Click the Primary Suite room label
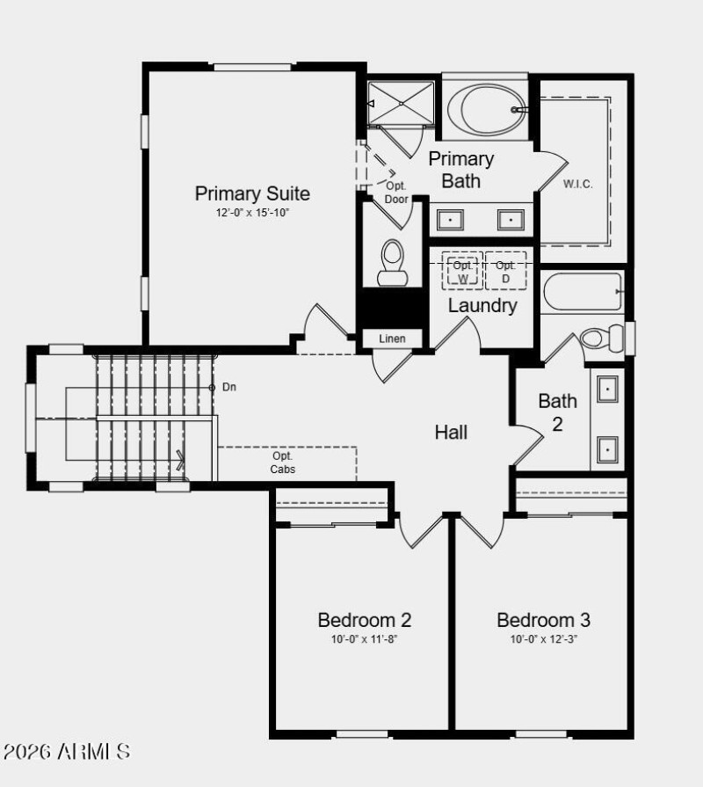(252, 193)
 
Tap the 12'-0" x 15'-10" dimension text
(252, 213)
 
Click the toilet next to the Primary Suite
(392, 263)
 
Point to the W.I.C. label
(578, 184)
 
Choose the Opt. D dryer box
(505, 272)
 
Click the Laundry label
(482, 306)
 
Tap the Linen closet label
(392, 339)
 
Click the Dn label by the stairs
(229, 387)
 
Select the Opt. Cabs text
(283, 463)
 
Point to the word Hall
(451, 432)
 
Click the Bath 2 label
(558, 412)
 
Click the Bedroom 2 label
(365, 620)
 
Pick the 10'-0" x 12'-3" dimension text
(543, 639)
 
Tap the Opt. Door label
(396, 192)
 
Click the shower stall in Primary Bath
(401, 105)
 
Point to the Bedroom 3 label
(543, 620)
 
